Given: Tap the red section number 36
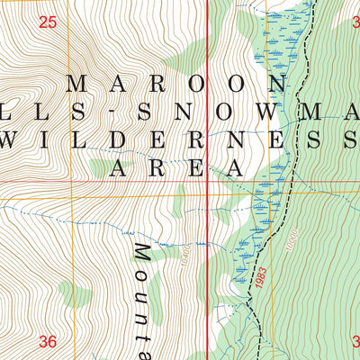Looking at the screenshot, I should tap(48, 341).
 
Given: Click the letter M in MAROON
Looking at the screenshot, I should tap(77, 83).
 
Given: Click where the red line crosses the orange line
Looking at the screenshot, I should tap(209, 193).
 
